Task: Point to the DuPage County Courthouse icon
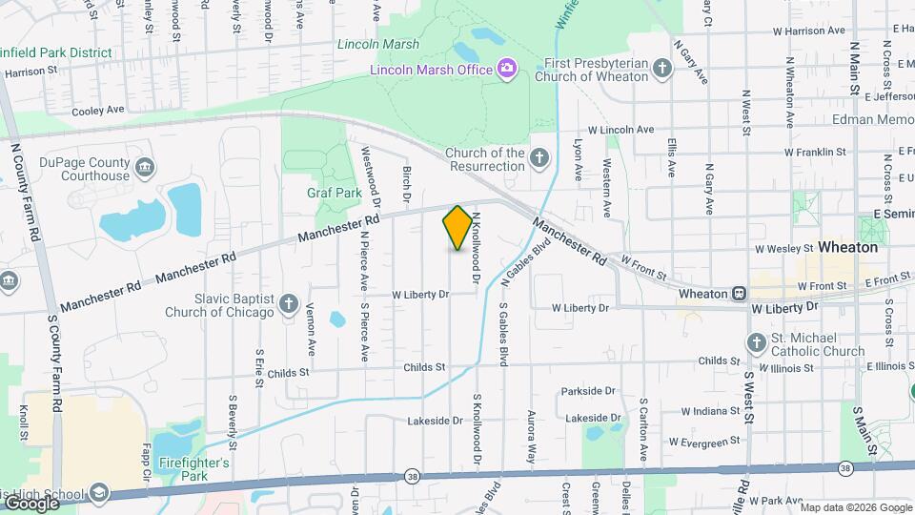click(x=145, y=169)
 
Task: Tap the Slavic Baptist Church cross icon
click(x=289, y=303)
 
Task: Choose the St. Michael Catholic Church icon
click(x=756, y=342)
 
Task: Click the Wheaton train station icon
click(x=740, y=294)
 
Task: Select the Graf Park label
click(x=334, y=193)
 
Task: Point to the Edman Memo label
click(x=872, y=120)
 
